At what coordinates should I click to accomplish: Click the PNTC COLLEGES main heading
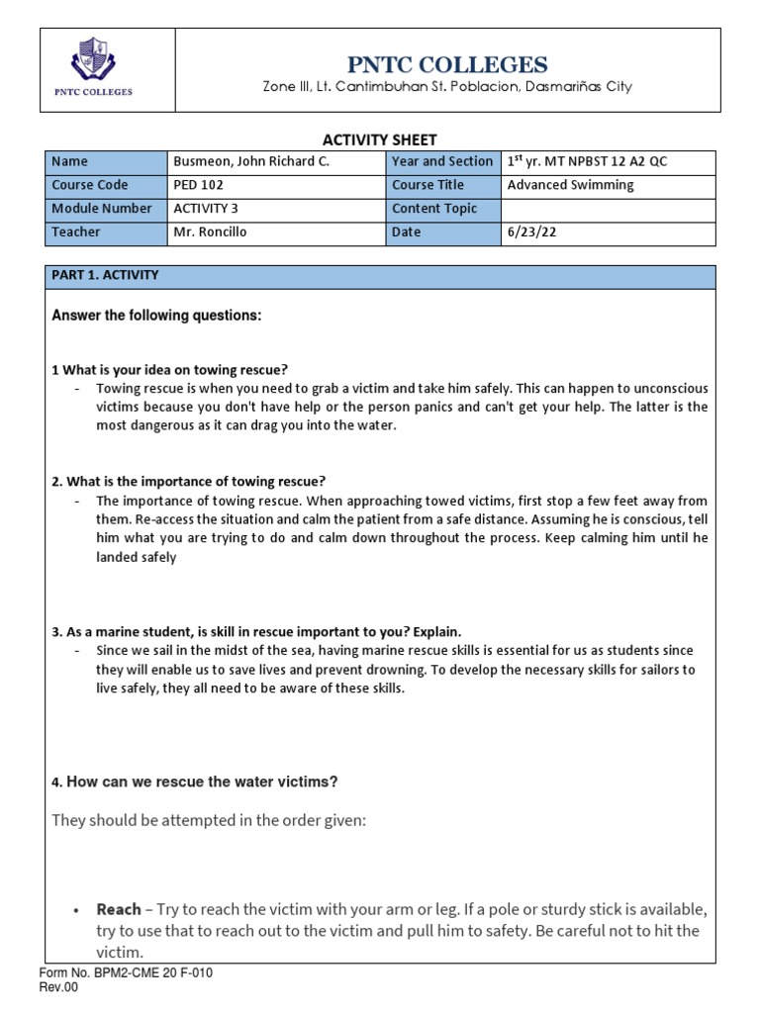point(446,65)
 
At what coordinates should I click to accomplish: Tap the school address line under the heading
point(446,88)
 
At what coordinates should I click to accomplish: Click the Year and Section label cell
point(441,162)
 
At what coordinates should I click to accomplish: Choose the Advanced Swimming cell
point(570,185)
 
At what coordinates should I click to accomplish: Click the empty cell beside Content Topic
point(608,209)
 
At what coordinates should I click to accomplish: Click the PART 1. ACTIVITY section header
point(105,276)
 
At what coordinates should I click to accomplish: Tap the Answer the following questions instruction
point(156,316)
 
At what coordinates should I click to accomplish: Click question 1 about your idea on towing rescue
point(169,370)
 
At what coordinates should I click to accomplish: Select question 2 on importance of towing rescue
point(188,482)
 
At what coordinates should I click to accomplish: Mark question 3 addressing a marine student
point(256,631)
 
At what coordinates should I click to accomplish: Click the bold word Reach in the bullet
point(119,909)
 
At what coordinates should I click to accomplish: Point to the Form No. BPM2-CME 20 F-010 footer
point(126,973)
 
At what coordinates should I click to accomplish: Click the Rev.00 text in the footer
point(59,988)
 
